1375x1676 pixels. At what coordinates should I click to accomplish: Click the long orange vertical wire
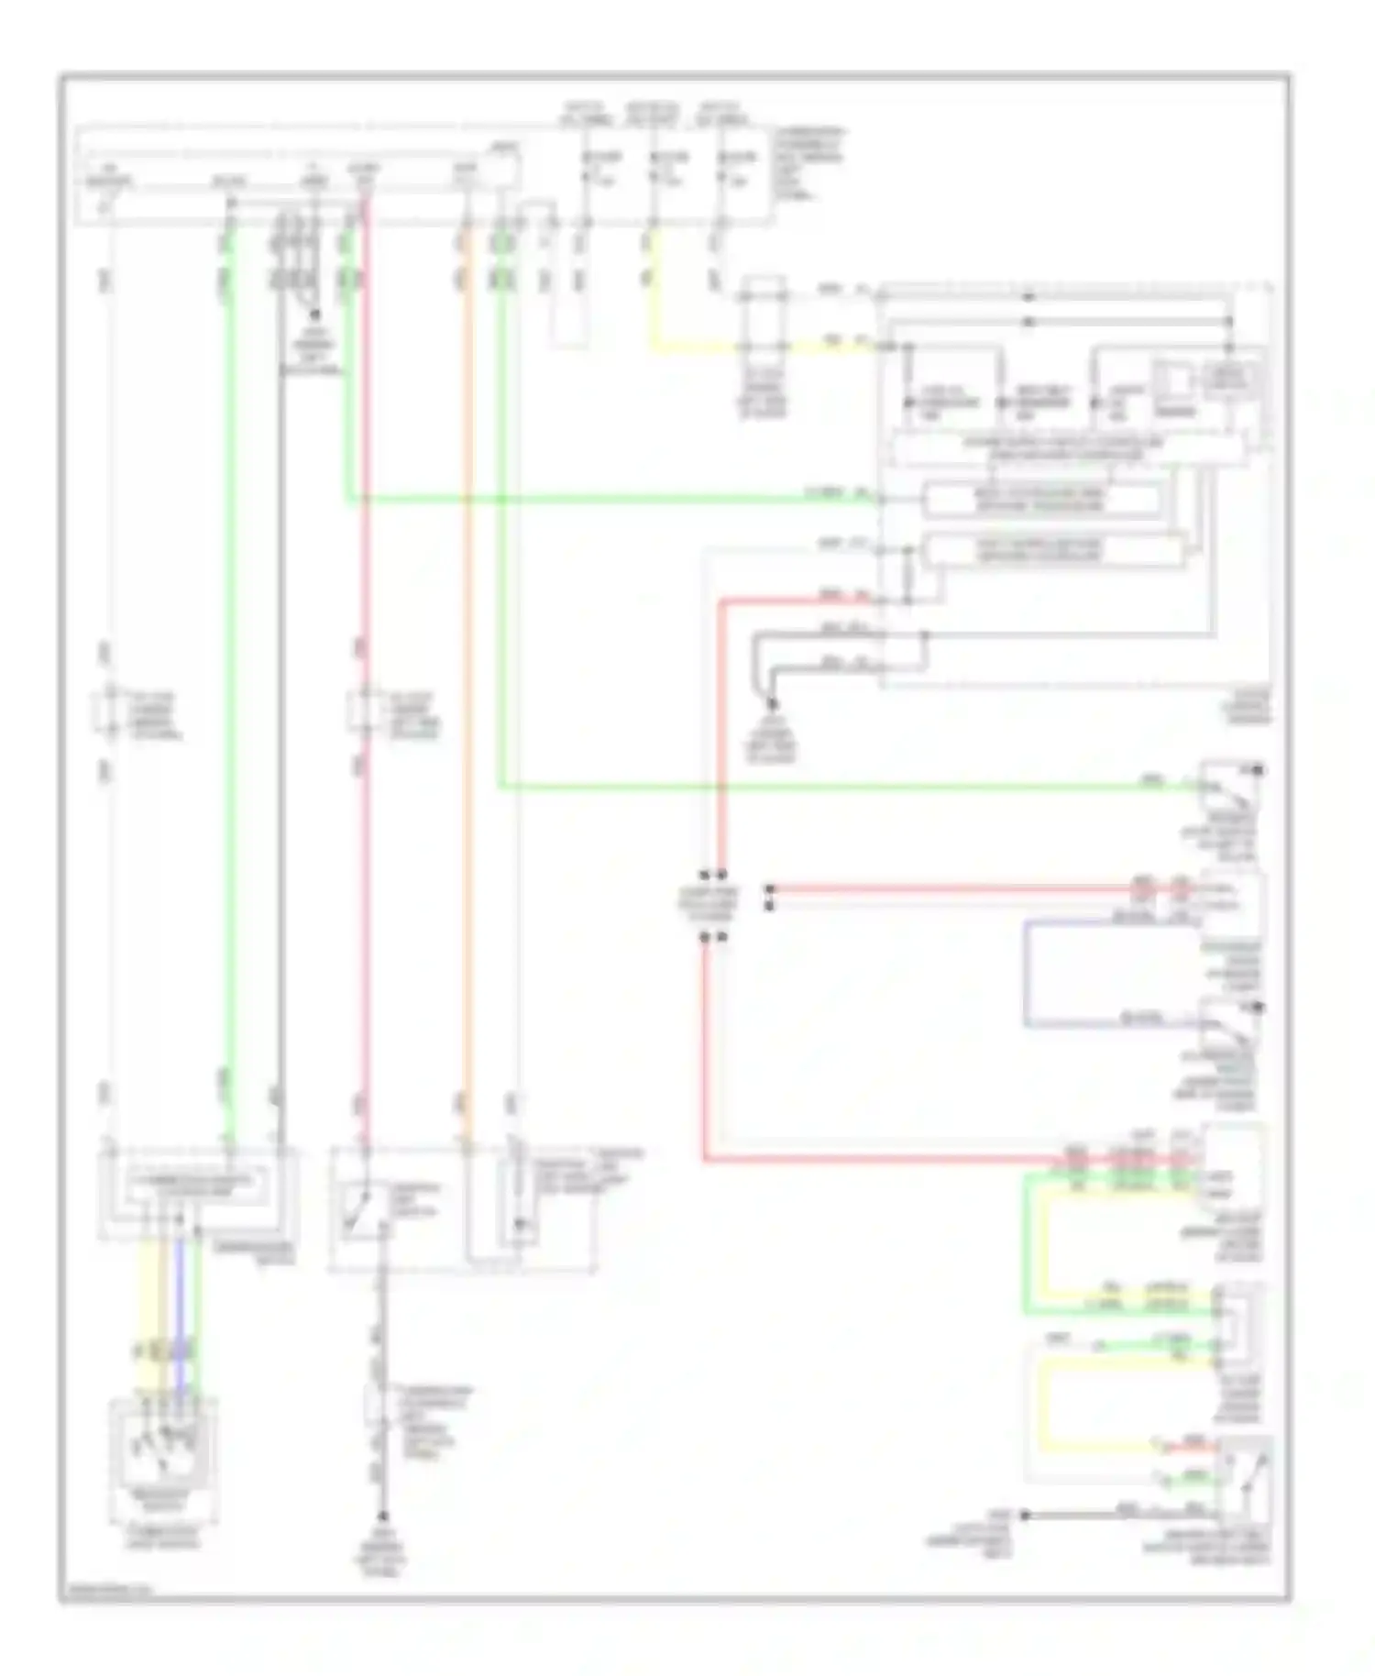(x=467, y=733)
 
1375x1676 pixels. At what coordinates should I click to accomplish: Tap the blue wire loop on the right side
(x=1026, y=972)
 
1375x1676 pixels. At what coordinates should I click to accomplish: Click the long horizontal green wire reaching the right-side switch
(x=825, y=786)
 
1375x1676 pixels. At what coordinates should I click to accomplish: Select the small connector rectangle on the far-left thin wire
(x=109, y=711)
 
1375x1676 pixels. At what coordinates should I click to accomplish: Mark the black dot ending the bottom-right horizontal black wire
(x=1025, y=1515)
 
